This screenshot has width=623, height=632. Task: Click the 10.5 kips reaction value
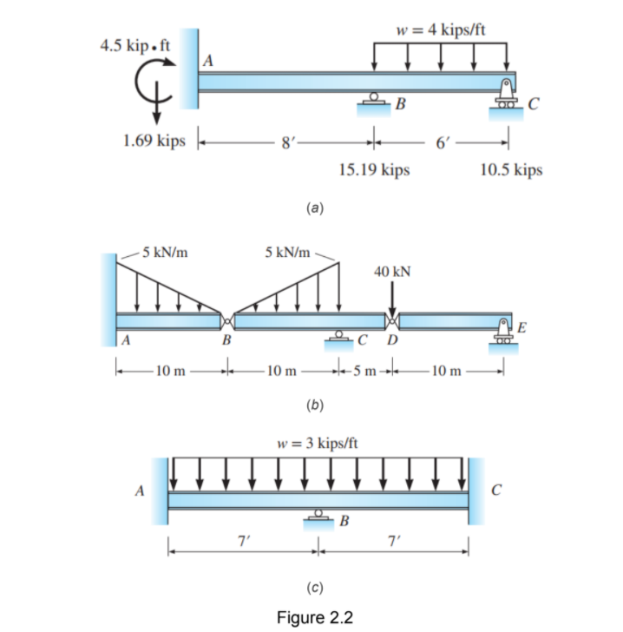click(x=511, y=170)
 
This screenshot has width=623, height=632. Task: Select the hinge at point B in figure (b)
click(x=227, y=320)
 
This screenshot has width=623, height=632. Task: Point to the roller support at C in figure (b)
click(x=339, y=339)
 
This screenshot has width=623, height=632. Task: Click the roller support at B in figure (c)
click(x=318, y=518)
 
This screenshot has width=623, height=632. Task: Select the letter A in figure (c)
click(x=140, y=490)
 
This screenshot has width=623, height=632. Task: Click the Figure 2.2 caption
click(x=314, y=617)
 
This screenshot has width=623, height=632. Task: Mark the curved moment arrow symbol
click(x=156, y=82)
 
